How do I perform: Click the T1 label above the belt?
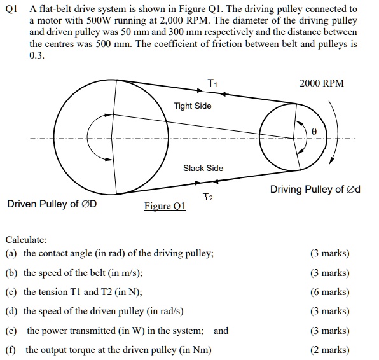point(212,83)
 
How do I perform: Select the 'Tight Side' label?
point(193,106)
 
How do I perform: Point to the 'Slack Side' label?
point(203,168)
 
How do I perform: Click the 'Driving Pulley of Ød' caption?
point(315,189)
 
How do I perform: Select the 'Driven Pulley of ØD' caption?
point(52,204)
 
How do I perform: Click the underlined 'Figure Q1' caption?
point(165,206)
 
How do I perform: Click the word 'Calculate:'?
point(26,240)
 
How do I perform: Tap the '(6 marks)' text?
point(329,292)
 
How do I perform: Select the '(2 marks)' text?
point(329,349)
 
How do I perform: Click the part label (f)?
point(11,349)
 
